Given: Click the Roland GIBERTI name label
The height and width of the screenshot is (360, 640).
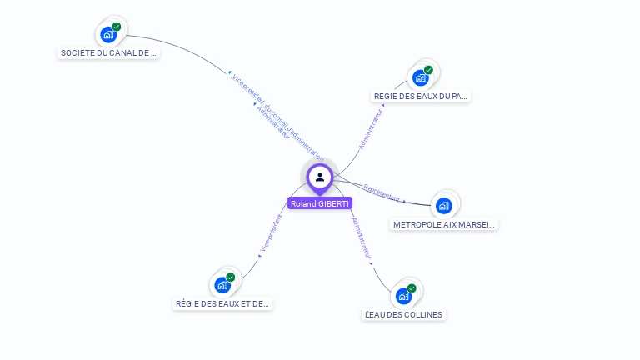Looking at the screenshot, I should tap(319, 203).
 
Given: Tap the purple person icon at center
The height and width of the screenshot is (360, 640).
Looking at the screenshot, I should tap(319, 177).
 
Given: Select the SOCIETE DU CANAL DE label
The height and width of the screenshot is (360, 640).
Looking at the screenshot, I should tap(108, 52).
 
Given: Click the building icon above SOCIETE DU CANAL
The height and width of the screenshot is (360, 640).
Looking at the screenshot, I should tap(108, 34).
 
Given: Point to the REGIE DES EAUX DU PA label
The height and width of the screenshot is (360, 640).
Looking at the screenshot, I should tap(421, 96).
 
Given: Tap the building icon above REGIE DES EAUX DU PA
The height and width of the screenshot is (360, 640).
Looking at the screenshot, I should tap(421, 77).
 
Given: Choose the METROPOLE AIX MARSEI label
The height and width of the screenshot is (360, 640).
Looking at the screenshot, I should tap(444, 224).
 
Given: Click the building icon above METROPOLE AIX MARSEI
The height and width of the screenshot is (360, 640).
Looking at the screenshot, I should tap(444, 205).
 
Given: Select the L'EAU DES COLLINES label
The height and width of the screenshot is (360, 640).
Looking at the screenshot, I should tap(404, 314).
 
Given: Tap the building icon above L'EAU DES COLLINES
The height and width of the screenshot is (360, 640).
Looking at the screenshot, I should tap(404, 296).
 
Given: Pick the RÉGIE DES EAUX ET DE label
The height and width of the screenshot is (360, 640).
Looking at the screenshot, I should tap(223, 303).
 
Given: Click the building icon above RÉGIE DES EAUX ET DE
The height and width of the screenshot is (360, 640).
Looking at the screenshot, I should tap(222, 284).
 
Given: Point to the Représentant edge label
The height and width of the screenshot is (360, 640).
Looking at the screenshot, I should tap(382, 193).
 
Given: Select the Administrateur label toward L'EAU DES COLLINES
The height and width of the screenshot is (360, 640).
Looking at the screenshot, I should tap(361, 239).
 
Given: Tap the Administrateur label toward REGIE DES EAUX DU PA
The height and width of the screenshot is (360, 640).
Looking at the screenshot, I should tap(371, 128).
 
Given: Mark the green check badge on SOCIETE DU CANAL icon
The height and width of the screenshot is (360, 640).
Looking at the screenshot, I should tap(117, 27).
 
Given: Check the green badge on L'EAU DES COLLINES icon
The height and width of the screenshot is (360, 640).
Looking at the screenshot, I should tap(412, 288).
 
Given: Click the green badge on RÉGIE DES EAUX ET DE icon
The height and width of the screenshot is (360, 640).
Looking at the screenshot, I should tap(231, 277).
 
